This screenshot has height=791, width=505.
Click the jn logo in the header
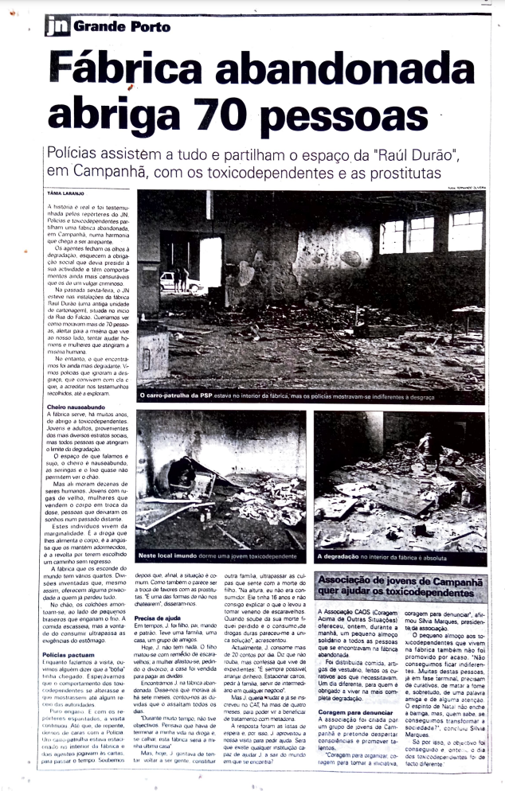(57, 26)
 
